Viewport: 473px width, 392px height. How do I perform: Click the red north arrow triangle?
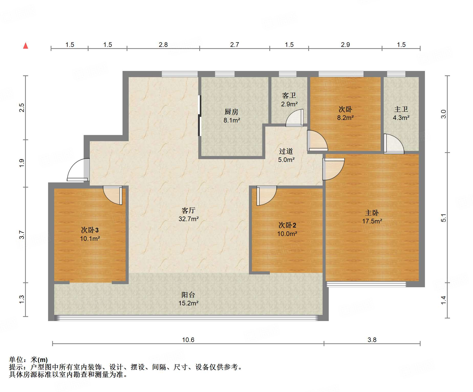click(x=26, y=46)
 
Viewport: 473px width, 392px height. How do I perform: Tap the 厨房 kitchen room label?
click(x=231, y=112)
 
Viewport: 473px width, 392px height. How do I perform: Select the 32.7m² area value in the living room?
click(x=189, y=219)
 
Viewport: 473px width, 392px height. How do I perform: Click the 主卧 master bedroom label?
click(x=372, y=213)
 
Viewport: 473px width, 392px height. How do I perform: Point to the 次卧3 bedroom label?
click(x=90, y=230)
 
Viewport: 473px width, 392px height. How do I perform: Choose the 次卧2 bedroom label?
click(x=287, y=225)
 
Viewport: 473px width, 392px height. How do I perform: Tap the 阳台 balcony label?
click(x=188, y=295)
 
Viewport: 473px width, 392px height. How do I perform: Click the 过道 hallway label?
click(x=286, y=151)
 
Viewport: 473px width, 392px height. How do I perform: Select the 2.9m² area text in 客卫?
click(x=289, y=104)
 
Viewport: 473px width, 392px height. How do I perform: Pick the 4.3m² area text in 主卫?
click(x=401, y=118)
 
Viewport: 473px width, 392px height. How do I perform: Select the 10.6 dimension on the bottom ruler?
click(x=188, y=340)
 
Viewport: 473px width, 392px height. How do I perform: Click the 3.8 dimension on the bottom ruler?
click(x=372, y=340)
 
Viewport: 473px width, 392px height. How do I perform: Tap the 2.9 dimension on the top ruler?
click(x=345, y=45)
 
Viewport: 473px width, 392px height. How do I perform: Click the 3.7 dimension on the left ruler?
click(x=22, y=235)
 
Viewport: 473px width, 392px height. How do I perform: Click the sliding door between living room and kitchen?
click(x=199, y=115)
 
